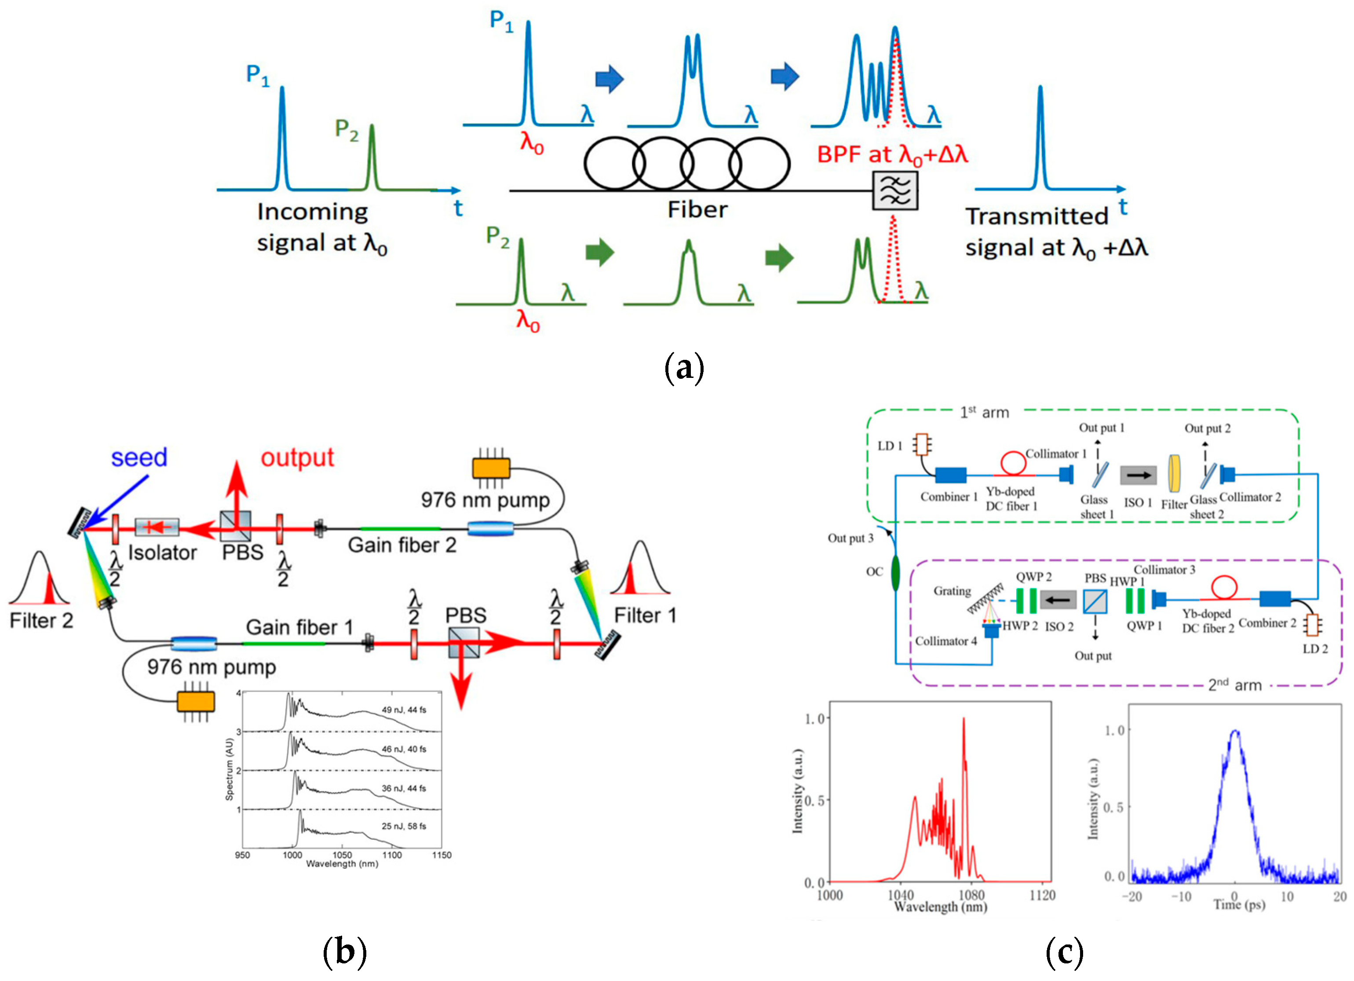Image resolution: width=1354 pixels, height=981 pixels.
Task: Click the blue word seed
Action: [139, 458]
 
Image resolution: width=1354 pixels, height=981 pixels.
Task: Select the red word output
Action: [297, 458]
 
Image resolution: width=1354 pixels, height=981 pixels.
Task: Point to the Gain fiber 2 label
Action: [402, 545]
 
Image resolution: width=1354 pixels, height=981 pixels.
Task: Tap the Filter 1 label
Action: [645, 615]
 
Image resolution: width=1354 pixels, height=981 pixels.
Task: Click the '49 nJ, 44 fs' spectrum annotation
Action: [404, 710]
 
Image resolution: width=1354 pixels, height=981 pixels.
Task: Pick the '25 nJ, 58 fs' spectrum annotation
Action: [404, 826]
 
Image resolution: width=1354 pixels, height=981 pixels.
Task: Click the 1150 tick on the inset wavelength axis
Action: [442, 855]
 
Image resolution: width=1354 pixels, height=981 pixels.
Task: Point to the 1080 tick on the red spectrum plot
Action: [971, 895]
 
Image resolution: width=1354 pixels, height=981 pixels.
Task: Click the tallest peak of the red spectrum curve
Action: [963, 720]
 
